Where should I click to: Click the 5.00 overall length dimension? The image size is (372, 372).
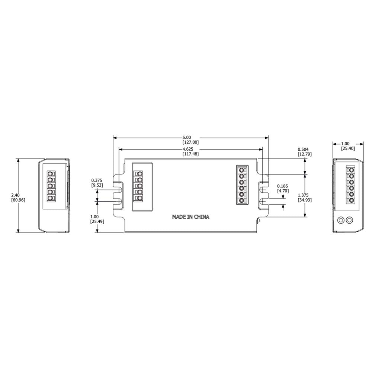pos(186,137)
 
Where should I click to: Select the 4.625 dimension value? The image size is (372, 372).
pos(187,149)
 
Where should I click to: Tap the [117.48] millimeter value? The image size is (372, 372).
pos(190,154)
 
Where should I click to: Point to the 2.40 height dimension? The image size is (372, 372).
pos(16,195)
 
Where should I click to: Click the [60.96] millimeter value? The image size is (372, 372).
pos(18,200)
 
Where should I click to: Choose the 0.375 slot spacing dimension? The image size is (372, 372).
pos(97,180)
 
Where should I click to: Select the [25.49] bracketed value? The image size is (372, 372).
pos(97,221)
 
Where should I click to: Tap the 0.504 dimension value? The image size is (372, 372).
pos(303,149)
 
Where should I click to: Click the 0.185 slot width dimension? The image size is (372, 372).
pos(282,186)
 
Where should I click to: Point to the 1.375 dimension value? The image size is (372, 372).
pos(303,195)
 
